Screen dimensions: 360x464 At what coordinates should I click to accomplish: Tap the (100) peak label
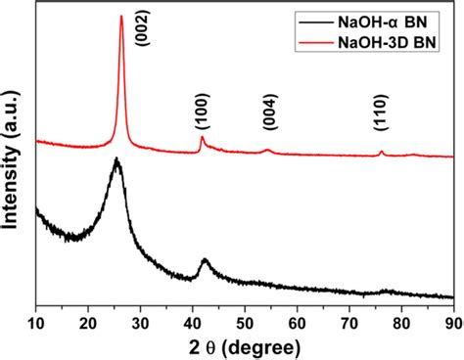(202, 114)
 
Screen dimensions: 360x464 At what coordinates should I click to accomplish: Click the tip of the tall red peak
(121, 16)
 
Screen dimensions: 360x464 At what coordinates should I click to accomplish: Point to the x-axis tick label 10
(36, 318)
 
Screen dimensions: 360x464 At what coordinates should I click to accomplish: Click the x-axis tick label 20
(88, 318)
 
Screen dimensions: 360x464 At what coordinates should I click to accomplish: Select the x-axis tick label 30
(140, 318)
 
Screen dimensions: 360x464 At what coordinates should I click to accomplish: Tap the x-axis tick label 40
(192, 318)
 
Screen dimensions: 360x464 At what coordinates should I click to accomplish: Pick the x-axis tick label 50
(245, 318)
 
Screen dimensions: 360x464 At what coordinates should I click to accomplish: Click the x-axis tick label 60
(297, 318)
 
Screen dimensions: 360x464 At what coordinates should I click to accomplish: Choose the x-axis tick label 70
(348, 318)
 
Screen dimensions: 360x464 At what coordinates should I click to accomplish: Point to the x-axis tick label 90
(452, 318)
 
